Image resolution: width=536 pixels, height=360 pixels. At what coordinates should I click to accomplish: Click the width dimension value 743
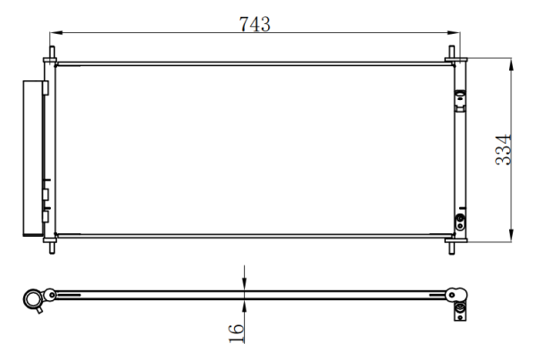(x=255, y=24)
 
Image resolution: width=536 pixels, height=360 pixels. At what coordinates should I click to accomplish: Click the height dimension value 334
(x=503, y=150)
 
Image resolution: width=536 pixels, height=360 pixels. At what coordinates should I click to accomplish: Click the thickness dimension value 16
(x=236, y=333)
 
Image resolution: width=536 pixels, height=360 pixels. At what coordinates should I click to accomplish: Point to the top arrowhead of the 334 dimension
(x=511, y=64)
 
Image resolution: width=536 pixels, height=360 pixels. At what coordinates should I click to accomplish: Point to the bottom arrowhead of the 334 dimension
(x=511, y=236)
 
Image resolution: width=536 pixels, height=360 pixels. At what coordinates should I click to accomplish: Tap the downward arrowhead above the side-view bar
(x=244, y=284)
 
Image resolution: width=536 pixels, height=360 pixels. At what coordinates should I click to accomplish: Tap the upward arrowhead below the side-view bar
(x=244, y=306)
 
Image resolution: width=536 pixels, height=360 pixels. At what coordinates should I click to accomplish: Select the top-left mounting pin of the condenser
(x=52, y=53)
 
